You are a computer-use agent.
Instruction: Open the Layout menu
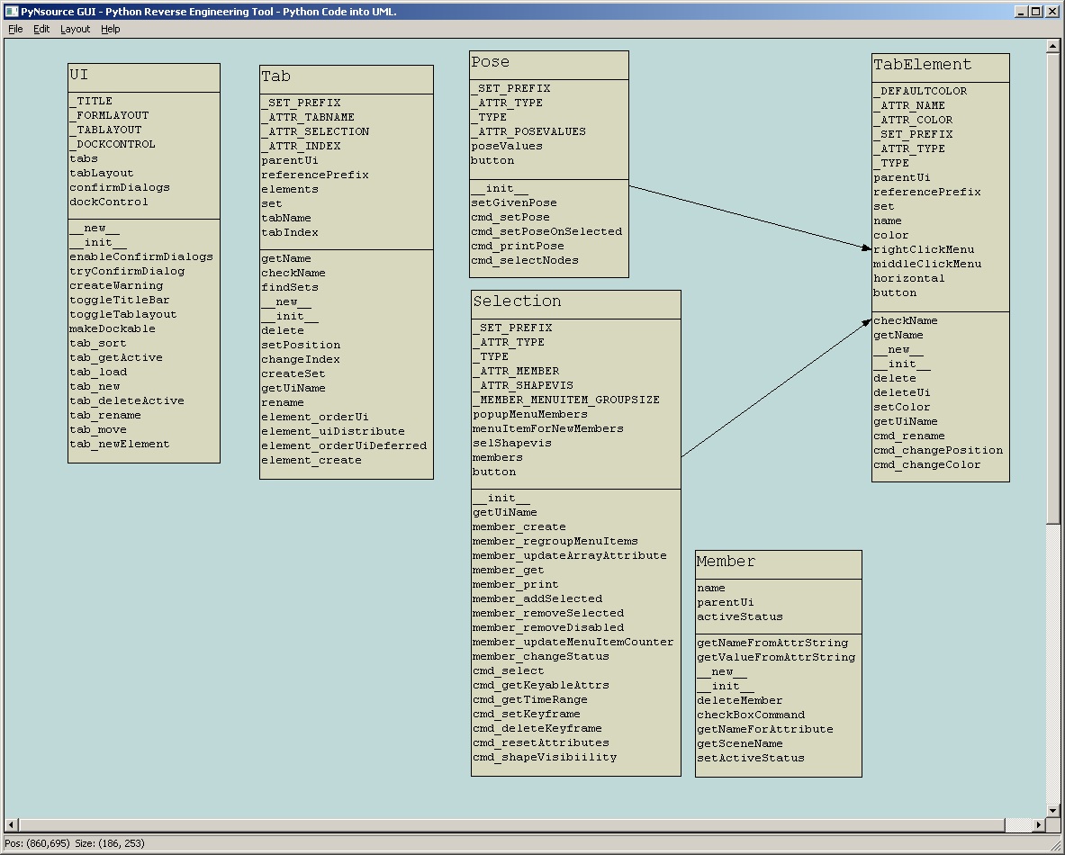click(75, 29)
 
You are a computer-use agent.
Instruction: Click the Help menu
click(110, 29)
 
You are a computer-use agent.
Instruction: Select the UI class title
click(79, 76)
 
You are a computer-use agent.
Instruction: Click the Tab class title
click(275, 77)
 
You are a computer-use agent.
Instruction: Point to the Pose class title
click(490, 63)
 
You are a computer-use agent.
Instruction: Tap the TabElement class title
click(909, 66)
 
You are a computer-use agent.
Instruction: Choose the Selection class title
click(517, 302)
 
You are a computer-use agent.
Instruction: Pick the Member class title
click(726, 562)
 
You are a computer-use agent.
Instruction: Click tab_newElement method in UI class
click(119, 445)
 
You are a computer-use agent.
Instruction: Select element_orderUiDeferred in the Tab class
click(344, 446)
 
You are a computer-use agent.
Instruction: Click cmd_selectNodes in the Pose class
click(524, 261)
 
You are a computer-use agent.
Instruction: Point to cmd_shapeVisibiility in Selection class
click(545, 758)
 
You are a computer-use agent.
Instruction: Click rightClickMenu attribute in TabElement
click(924, 250)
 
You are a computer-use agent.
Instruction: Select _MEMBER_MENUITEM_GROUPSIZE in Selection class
click(565, 400)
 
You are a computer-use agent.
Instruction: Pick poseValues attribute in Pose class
click(506, 147)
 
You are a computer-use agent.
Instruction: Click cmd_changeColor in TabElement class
click(926, 465)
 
